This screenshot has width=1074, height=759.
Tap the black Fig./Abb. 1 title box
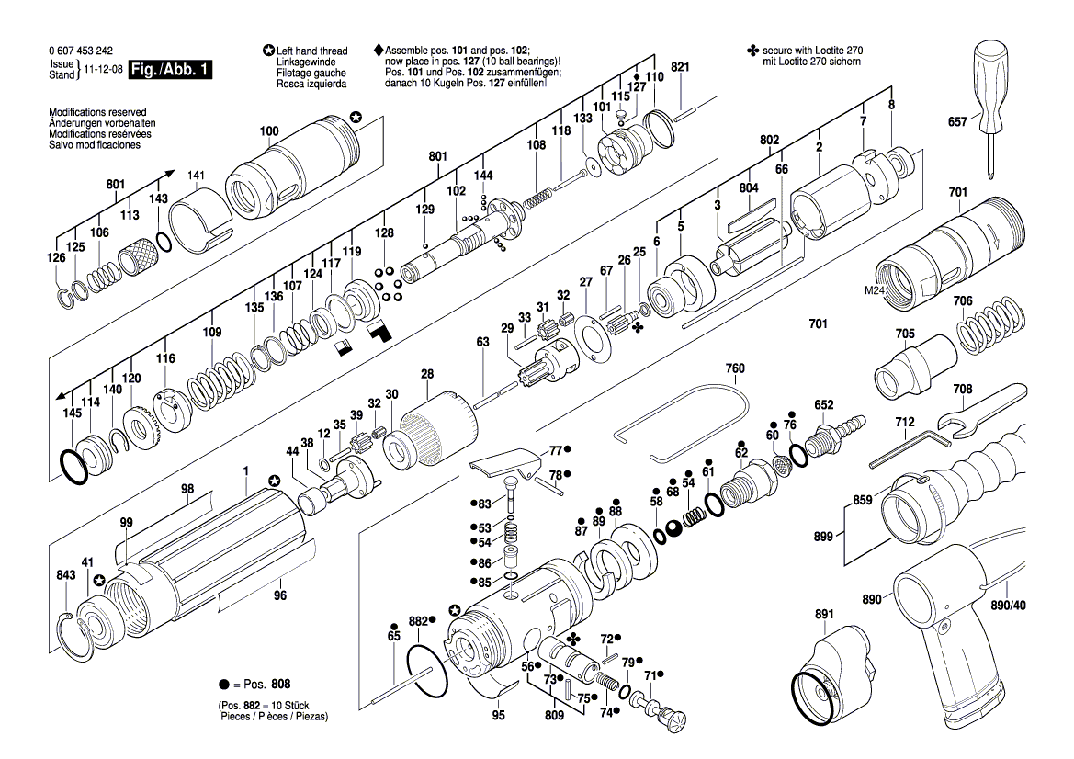click(171, 70)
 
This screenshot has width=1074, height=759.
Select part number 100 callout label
click(269, 130)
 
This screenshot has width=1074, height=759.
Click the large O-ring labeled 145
click(73, 467)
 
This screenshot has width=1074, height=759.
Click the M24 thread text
click(874, 290)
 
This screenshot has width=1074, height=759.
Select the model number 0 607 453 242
click(81, 51)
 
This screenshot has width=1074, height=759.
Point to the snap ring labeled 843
click(74, 637)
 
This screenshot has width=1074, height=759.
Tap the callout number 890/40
click(1008, 606)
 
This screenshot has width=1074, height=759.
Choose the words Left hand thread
click(311, 51)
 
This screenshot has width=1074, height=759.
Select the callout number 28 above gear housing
click(427, 374)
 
